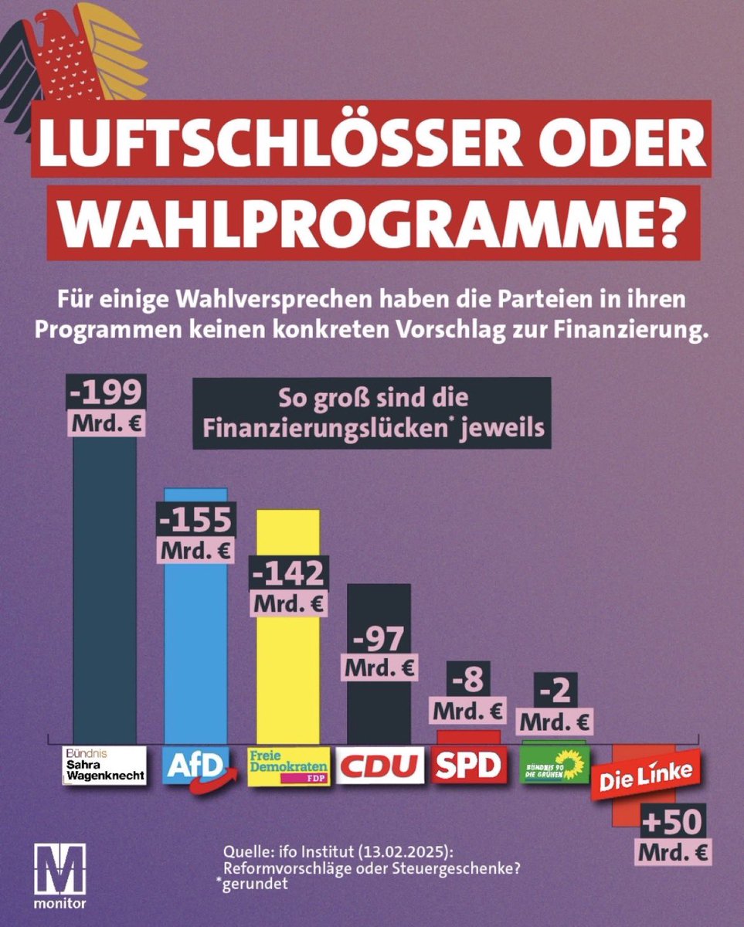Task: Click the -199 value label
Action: [x=104, y=395]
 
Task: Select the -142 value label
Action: [x=287, y=572]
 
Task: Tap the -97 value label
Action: [x=379, y=640]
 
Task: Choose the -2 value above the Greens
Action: [x=555, y=691]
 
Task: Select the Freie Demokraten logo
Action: [x=288, y=766]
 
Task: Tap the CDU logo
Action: [x=380, y=766]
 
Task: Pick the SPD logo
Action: [x=469, y=765]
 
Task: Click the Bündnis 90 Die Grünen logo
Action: [x=555, y=765]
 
